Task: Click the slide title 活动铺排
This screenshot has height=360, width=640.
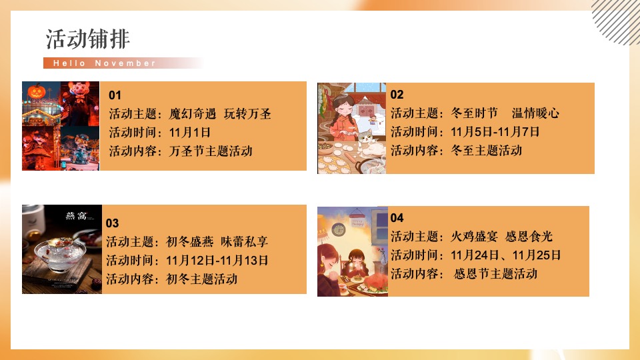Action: click(87, 39)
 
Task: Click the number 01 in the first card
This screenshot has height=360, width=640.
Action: click(115, 95)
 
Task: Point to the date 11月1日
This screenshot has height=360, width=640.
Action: click(190, 132)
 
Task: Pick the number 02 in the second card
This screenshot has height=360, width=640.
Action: click(397, 95)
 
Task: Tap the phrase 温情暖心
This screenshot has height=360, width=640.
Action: click(535, 113)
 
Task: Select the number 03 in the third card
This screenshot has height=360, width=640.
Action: click(113, 223)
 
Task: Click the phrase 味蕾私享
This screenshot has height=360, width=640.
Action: click(245, 242)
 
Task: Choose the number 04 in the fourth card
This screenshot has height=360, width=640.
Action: click(397, 218)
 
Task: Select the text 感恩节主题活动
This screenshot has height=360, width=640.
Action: click(495, 274)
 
